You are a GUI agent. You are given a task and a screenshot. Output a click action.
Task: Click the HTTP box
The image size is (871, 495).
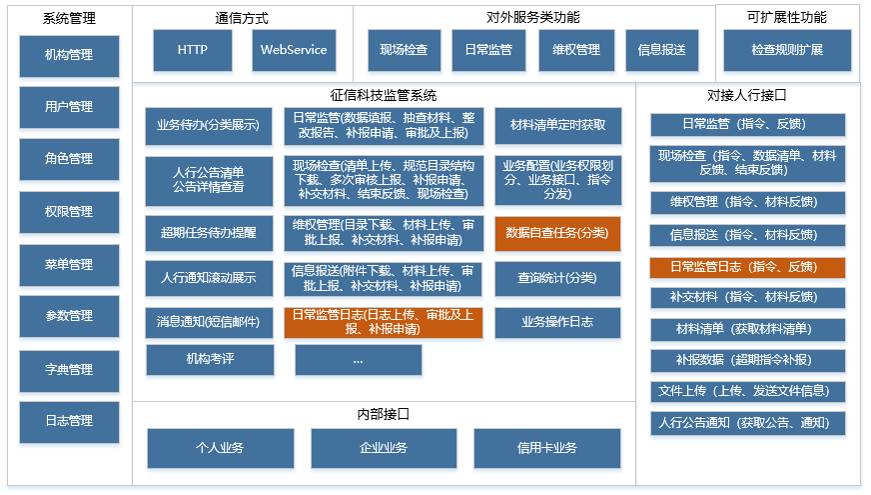(193, 49)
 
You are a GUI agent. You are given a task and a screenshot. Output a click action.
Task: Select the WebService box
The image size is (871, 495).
(293, 49)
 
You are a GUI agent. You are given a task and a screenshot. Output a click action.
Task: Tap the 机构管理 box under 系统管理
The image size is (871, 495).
(69, 56)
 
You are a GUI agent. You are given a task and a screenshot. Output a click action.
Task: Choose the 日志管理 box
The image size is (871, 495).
(69, 421)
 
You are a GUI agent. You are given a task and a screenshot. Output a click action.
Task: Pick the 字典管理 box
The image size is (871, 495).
(69, 369)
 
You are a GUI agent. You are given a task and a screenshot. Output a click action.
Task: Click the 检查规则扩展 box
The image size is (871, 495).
(787, 49)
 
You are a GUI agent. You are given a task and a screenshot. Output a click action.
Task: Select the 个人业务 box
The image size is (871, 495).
(221, 448)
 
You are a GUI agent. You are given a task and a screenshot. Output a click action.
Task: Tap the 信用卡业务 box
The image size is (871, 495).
(546, 448)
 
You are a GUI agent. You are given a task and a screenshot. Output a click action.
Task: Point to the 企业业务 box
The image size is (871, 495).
(384, 448)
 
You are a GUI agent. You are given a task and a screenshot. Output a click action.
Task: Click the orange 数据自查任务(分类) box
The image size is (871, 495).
(557, 233)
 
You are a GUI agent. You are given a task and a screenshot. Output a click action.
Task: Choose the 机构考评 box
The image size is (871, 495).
(210, 359)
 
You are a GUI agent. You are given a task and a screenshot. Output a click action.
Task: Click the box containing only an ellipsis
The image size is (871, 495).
(358, 359)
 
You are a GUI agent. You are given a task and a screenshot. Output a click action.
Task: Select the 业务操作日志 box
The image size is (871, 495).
(557, 322)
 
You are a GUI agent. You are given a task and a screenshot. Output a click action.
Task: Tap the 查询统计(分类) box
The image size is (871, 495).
(557, 278)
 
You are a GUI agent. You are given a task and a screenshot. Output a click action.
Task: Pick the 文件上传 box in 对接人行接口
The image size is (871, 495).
(747, 391)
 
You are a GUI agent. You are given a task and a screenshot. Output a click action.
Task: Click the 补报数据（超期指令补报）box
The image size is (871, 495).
(747, 360)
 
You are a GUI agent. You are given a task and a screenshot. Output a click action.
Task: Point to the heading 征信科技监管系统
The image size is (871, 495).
(384, 96)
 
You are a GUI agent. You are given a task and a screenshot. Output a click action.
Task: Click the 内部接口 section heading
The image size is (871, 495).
(384, 414)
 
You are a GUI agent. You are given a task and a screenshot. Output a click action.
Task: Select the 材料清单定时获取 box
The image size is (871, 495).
(557, 125)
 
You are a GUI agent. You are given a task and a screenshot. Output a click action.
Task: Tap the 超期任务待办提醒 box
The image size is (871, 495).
(209, 233)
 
